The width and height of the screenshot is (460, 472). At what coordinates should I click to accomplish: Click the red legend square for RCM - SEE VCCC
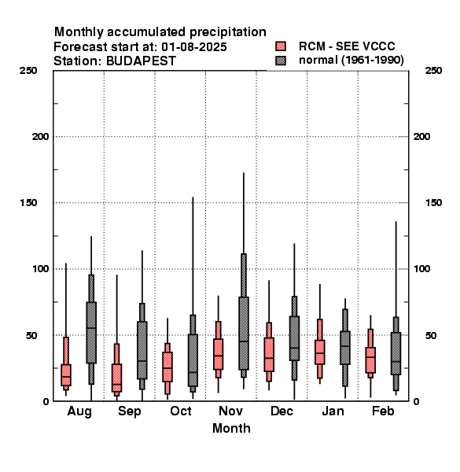[x=281, y=46]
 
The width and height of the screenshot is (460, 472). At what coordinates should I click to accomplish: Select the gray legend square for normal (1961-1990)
[x=281, y=61]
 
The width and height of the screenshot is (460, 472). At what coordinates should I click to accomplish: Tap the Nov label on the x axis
[x=230, y=411]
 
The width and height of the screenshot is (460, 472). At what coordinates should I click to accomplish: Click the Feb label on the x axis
[x=383, y=411]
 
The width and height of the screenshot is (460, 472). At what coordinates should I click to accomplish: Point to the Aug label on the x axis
[x=79, y=411]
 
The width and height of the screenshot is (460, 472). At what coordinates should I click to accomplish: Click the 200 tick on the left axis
[x=40, y=137]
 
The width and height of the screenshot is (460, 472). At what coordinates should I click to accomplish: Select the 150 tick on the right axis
[x=433, y=203]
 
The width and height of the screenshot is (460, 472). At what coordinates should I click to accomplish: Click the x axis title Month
[x=231, y=429]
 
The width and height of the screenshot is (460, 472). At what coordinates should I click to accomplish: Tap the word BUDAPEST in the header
[x=141, y=61]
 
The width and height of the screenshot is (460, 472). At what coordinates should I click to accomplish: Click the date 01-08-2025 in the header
[x=194, y=47]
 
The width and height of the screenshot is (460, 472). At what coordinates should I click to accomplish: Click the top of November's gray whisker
[x=244, y=173]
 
